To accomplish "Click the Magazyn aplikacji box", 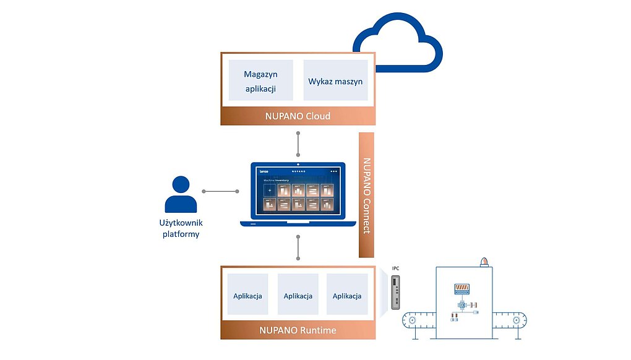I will coord(260,81).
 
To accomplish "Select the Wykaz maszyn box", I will coord(335,81).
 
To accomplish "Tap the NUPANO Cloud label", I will coord(298,116).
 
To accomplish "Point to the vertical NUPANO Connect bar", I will coord(367,195).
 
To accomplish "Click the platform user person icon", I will coord(181,195).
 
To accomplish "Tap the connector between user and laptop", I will coord(220,191).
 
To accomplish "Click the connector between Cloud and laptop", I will coord(298,145).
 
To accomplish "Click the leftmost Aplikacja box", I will coord(247,296).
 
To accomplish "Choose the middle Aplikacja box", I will coord(298,296).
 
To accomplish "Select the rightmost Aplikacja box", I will coord(347,296).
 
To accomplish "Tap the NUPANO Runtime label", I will coord(298,330).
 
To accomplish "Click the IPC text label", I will coord(395,268).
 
